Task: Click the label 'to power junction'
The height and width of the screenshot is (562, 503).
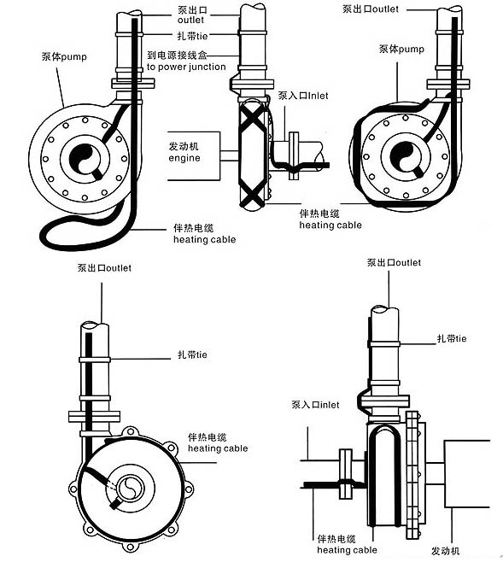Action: coord(186,67)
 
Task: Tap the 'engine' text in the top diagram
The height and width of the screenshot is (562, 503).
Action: coord(184,158)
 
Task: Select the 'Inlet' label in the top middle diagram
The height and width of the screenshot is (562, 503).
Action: coord(318,96)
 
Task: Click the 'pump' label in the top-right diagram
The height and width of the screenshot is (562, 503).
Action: coord(412,49)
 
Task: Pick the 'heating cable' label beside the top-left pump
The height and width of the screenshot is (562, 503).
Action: coord(205,239)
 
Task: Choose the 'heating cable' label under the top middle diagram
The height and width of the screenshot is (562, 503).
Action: coord(330,225)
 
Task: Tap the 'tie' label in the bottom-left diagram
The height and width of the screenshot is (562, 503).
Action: coord(202,354)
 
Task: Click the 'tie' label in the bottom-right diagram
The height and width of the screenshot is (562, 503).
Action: coord(460,339)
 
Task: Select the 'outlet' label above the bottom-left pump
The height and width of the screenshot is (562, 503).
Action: coord(119,268)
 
